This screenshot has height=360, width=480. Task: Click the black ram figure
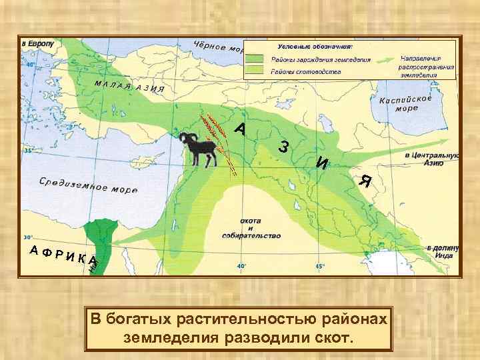197,149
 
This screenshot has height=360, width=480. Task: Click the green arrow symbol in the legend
377,59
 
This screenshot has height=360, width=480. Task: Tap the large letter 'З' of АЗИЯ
284,147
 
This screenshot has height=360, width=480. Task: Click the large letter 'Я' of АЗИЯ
364,180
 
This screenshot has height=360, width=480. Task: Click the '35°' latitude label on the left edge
28,151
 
